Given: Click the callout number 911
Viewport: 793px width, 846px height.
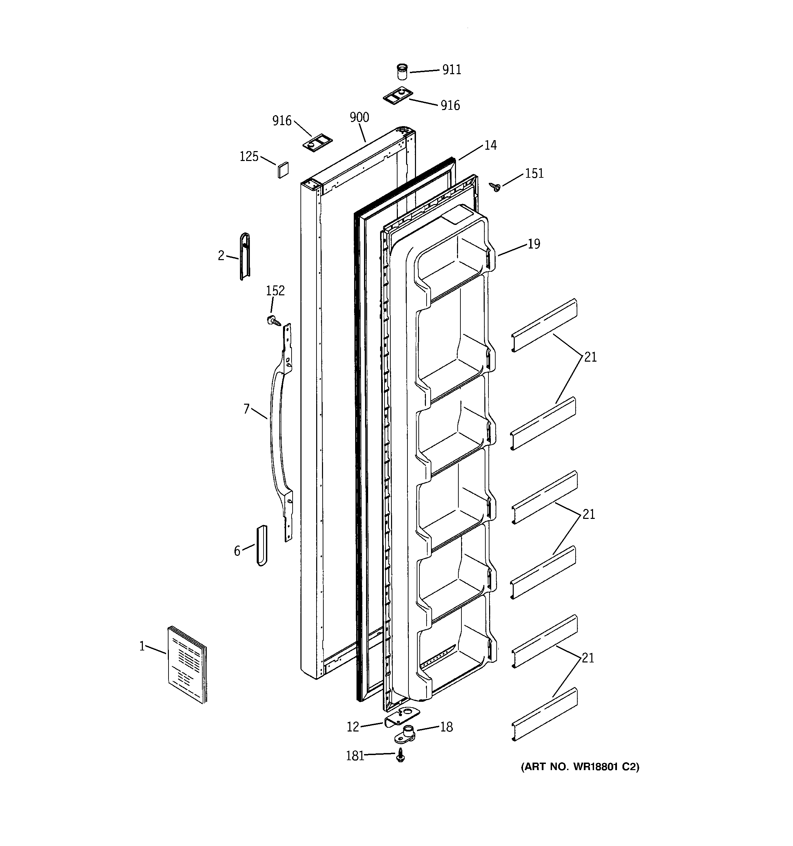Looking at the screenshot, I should tap(452, 70).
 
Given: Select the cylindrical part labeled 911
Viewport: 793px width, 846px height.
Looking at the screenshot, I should tap(401, 72).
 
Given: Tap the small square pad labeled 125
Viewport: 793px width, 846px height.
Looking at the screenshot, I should tap(283, 170).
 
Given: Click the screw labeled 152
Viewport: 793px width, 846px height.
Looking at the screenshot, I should tap(273, 320).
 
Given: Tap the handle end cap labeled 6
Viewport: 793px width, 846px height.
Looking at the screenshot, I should tap(262, 546).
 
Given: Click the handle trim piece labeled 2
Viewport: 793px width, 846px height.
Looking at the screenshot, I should tap(245, 257).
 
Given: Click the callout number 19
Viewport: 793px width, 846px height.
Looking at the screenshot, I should tap(534, 244).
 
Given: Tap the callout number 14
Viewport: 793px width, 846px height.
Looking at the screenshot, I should tap(490, 146).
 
